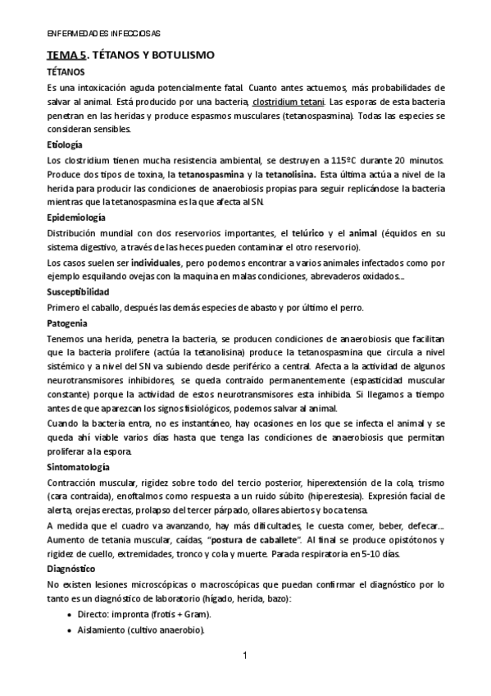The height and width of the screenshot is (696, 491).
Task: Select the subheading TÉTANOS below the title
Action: pyautogui.click(x=66, y=72)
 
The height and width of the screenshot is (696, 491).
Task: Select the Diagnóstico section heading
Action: pyautogui.click(x=72, y=569)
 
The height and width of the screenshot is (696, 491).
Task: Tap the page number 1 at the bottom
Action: pyautogui.click(x=245, y=656)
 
